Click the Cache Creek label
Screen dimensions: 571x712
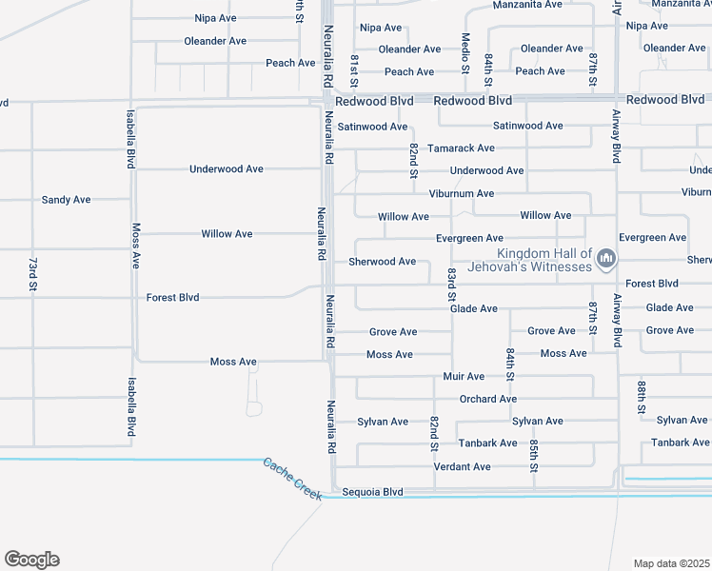pos(290,475)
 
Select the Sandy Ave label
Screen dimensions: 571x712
pos(66,200)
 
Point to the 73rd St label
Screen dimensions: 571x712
pos(32,273)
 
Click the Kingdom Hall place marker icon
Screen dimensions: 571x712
pos(605,258)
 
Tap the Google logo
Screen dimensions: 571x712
pos(31,560)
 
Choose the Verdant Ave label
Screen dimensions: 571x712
pos(462,467)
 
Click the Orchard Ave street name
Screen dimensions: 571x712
pos(488,399)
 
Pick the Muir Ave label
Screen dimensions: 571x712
pos(464,377)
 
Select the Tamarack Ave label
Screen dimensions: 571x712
pos(461,148)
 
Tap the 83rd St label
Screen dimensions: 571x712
pos(452,286)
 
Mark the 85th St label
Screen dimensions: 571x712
pos(533,456)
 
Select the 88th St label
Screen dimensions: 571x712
pos(643,397)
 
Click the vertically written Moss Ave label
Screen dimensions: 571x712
pos(136,246)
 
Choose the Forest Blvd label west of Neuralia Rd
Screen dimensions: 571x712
pos(172,298)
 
